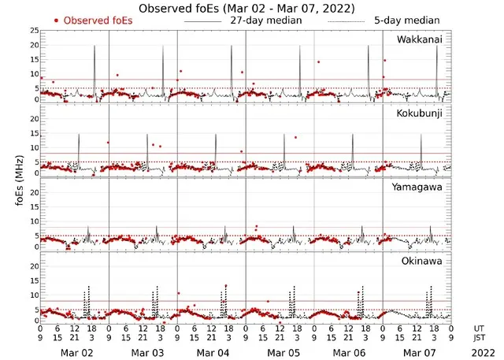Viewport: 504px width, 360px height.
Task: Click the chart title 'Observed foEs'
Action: pos(246,8)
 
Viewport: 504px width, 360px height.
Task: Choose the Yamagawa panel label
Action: pos(420,187)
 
